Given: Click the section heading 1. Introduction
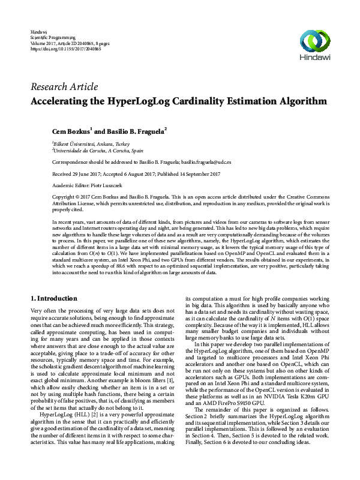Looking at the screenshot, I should pyautogui.click(x=53, y=298).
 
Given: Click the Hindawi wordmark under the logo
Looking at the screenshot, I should pyautogui.click(x=316, y=59).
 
